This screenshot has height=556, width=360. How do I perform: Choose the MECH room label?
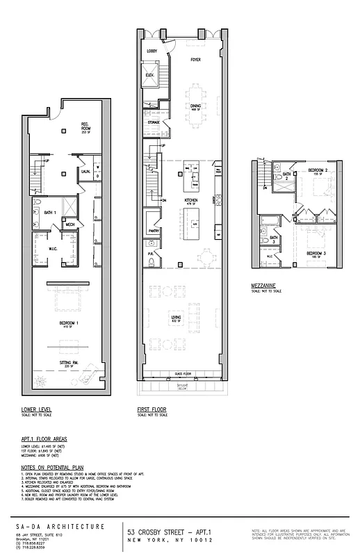click(x=70, y=224)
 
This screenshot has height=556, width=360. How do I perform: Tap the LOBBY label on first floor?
click(x=152, y=52)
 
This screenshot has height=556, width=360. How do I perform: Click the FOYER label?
click(x=196, y=60)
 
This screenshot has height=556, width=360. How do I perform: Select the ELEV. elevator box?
click(x=150, y=75)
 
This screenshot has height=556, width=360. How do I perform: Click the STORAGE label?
click(x=153, y=122)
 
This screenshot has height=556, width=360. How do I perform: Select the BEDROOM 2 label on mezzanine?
click(x=318, y=170)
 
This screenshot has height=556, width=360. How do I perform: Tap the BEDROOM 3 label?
click(x=317, y=252)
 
